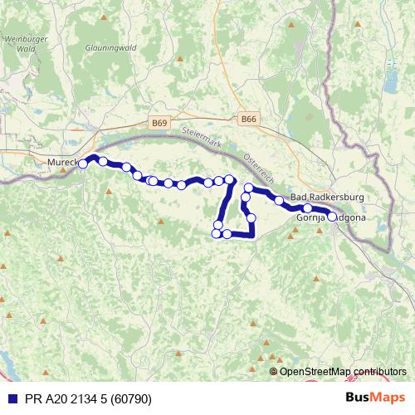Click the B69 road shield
[x=159, y=123]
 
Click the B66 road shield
[x=248, y=120]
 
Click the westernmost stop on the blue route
[x=83, y=164]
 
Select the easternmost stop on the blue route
[x=332, y=217]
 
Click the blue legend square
[x=11, y=398]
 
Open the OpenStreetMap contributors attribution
[x=342, y=372]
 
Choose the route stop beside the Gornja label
[x=307, y=208]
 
